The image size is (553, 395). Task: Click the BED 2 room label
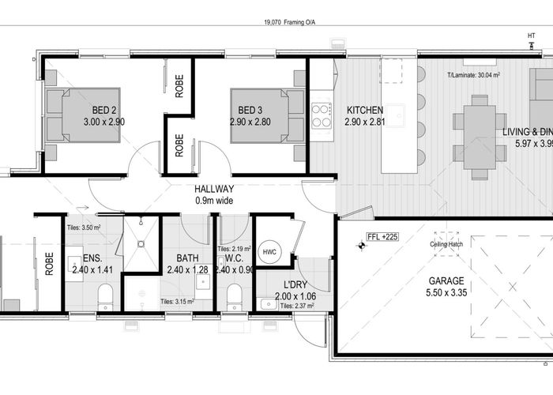pos(105,110)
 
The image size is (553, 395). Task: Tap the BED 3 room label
pos(250,110)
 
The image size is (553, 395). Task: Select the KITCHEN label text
pos(364,110)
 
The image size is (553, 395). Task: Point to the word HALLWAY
pos(215,190)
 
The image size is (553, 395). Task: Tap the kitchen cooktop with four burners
pos(322,116)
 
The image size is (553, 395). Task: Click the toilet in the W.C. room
pos(233,297)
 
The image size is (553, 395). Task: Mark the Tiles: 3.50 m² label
pos(84,227)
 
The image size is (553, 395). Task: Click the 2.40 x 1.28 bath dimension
pos(188,269)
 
